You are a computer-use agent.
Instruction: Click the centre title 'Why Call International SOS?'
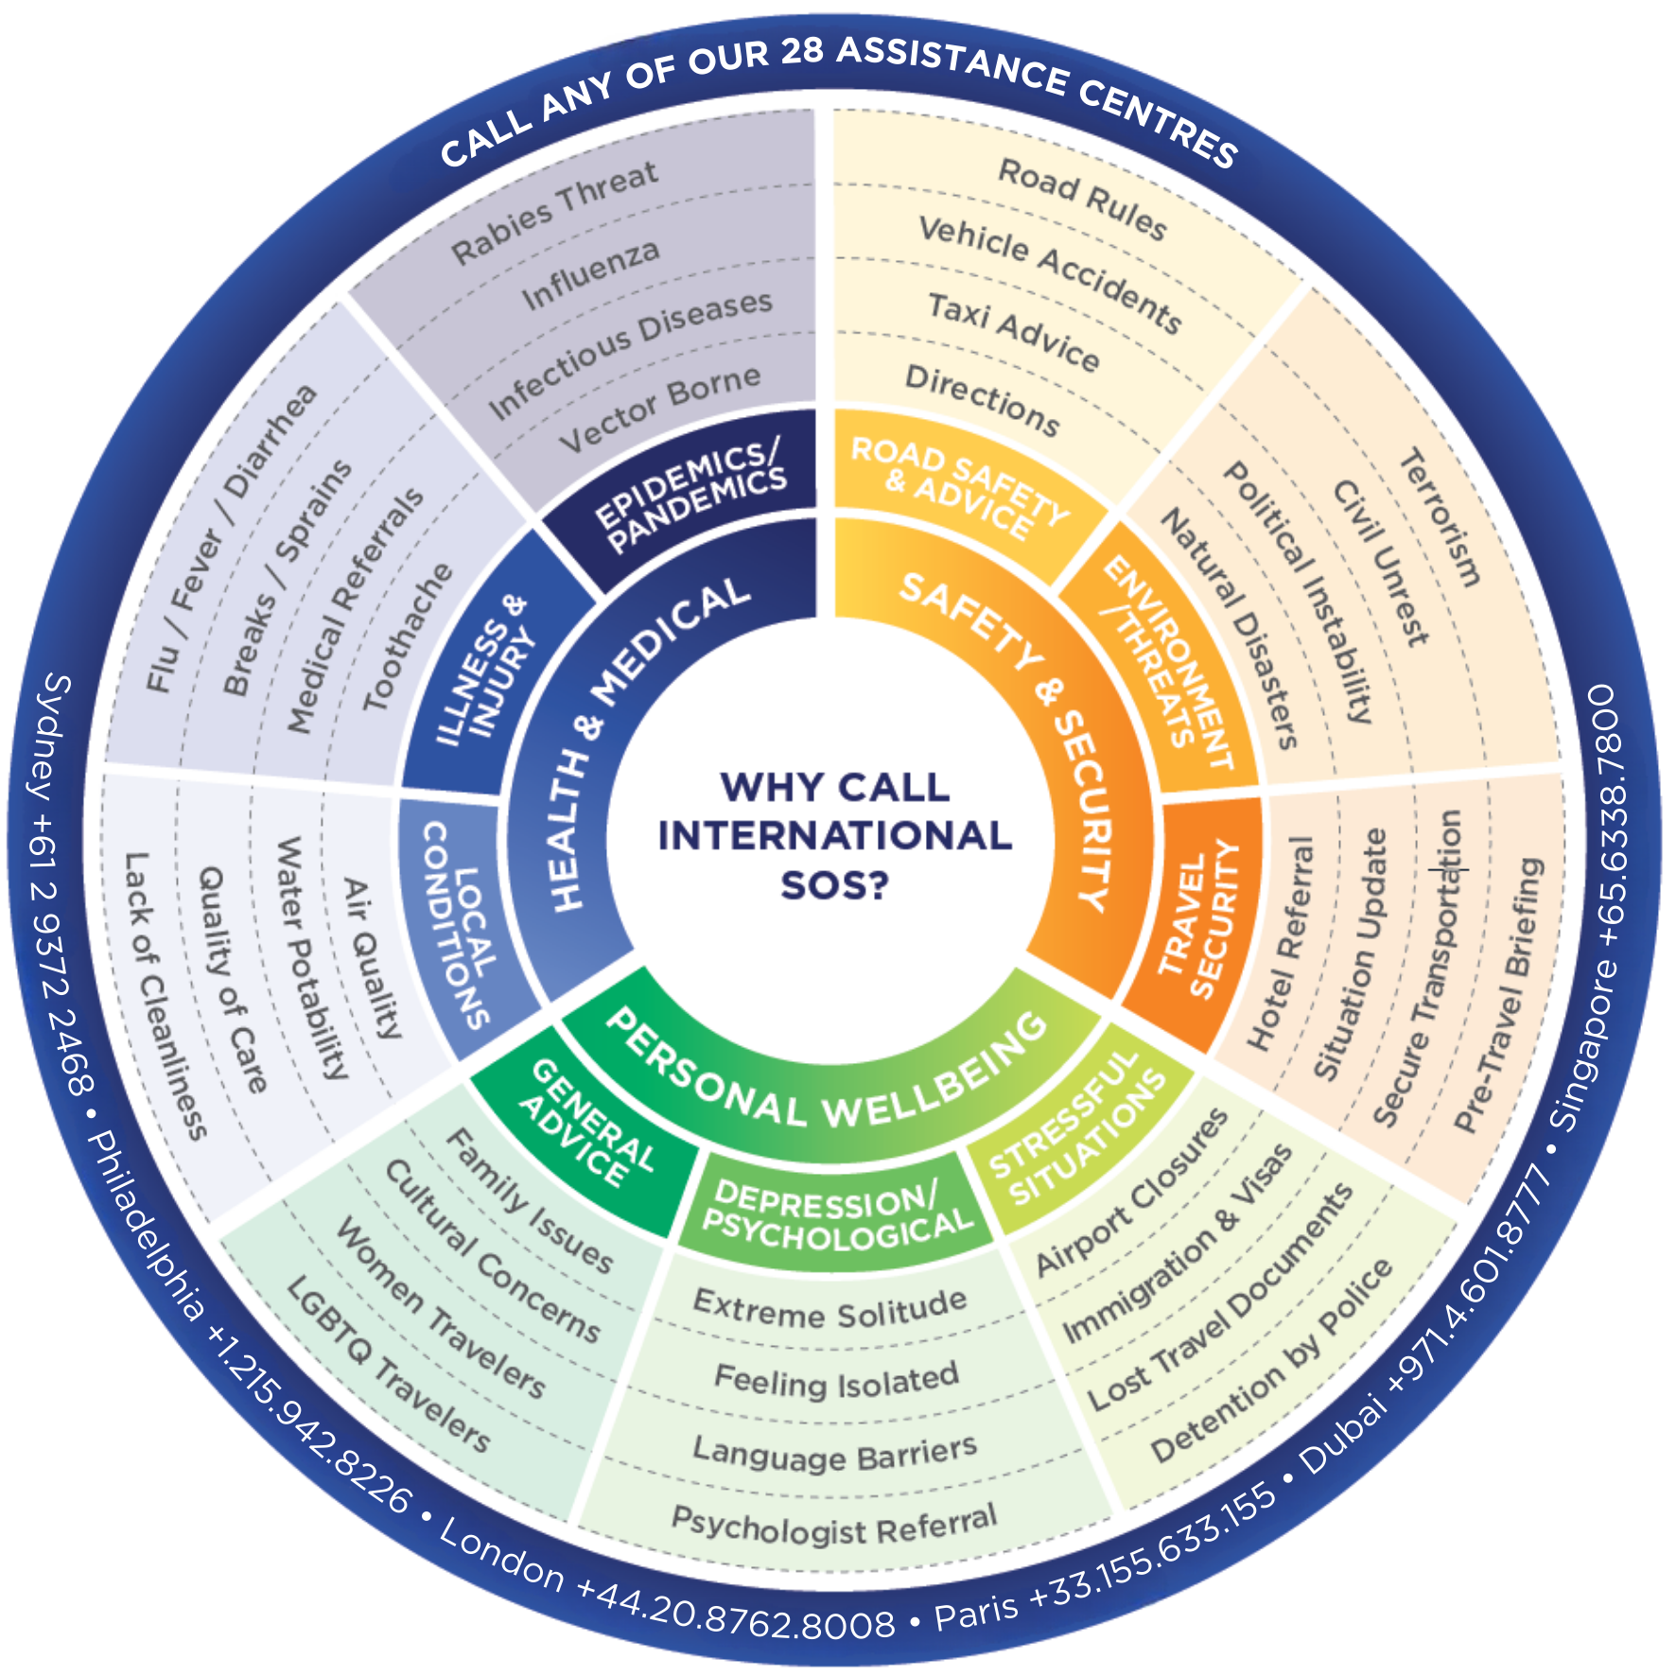click(x=835, y=836)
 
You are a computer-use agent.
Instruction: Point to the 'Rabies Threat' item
click(x=554, y=213)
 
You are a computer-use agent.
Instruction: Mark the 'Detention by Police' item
click(x=1271, y=1361)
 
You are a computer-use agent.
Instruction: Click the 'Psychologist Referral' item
click(x=834, y=1524)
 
